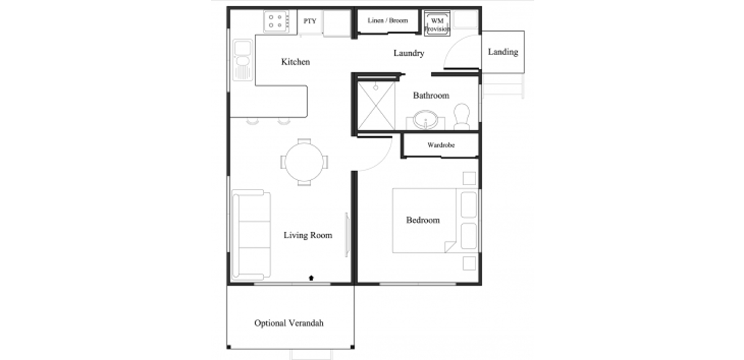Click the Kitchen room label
click(x=295, y=62)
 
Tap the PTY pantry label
click(x=309, y=21)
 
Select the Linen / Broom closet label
click(x=387, y=20)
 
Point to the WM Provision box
click(x=437, y=23)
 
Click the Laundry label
click(x=409, y=53)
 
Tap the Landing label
click(x=503, y=52)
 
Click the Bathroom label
click(x=431, y=95)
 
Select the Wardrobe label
click(x=441, y=145)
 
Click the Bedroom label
click(x=423, y=220)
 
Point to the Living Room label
click(x=308, y=235)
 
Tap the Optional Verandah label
click(x=289, y=323)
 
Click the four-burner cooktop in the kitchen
click(x=276, y=21)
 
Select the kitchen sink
click(x=242, y=60)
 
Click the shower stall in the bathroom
click(x=376, y=106)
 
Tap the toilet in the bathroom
click(x=462, y=116)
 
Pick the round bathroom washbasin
click(x=425, y=120)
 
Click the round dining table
click(x=304, y=162)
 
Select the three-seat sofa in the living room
click(x=251, y=235)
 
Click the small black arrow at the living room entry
click(x=311, y=278)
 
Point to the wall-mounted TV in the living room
click(x=347, y=235)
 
